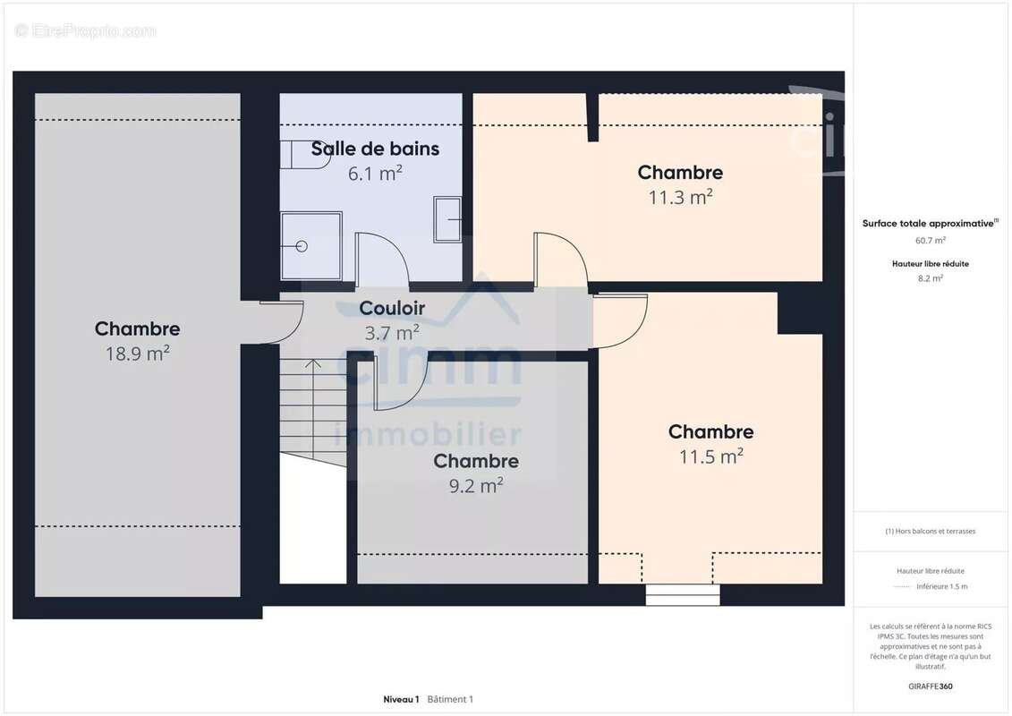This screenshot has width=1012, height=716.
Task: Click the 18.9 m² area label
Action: (x=138, y=354)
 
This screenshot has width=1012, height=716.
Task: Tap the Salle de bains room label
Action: (x=375, y=149)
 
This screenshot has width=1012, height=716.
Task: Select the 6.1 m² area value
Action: (x=375, y=174)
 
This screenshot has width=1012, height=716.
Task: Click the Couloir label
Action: (x=392, y=309)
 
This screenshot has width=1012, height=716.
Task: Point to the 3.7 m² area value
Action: (x=392, y=333)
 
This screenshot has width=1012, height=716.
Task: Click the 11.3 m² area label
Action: (x=680, y=197)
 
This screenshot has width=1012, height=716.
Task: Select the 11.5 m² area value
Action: (x=710, y=456)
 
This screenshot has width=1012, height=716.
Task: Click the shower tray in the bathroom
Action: (x=311, y=245)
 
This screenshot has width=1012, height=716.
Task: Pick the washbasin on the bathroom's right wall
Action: (x=447, y=219)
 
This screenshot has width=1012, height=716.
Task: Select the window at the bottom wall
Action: (x=683, y=594)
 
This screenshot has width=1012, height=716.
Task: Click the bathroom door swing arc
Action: (x=383, y=260)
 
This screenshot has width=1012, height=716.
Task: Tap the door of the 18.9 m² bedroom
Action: (x=282, y=322)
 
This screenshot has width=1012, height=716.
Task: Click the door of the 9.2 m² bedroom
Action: (x=400, y=385)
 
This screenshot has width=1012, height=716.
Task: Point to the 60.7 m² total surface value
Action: (x=930, y=240)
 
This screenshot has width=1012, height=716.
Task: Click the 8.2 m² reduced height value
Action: (x=930, y=278)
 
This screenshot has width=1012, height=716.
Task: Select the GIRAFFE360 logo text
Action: (x=930, y=686)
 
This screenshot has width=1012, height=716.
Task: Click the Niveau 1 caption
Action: (x=401, y=699)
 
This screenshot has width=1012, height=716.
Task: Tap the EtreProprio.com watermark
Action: (x=86, y=31)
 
